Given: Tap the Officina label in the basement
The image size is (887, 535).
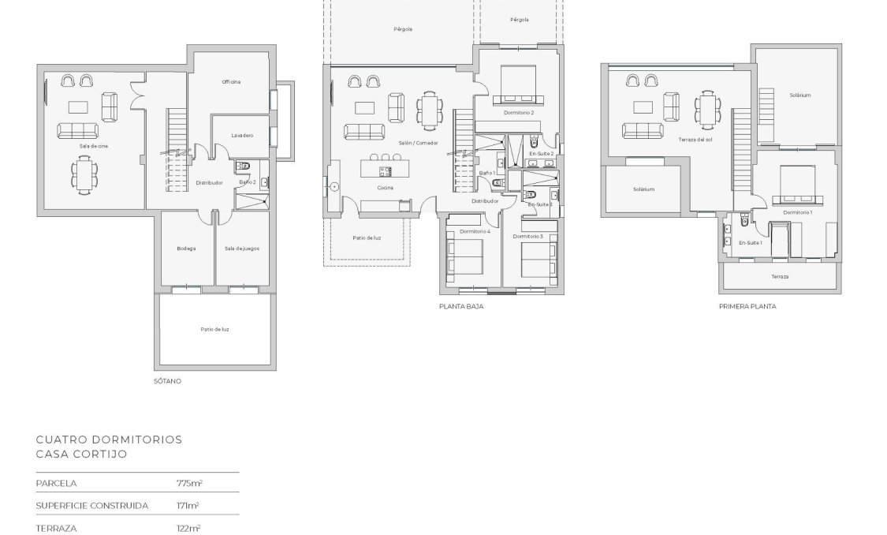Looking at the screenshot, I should [231, 82].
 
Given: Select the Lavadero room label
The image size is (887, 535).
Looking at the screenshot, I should [242, 136].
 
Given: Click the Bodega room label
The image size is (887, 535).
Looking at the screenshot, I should [186, 249].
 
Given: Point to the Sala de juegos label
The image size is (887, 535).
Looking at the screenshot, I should [241, 249].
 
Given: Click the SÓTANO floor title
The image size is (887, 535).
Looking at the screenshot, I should [167, 381].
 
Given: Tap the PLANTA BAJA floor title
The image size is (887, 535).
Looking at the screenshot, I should [461, 306].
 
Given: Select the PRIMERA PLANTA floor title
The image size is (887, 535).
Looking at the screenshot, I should [747, 306].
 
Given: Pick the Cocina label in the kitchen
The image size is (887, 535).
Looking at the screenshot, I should [386, 188].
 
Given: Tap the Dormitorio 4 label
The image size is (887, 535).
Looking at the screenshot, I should [475, 231].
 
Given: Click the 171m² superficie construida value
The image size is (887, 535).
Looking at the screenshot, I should [187, 505].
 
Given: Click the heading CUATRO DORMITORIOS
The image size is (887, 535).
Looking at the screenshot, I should [109, 440].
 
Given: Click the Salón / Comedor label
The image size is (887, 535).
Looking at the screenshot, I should [419, 143].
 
